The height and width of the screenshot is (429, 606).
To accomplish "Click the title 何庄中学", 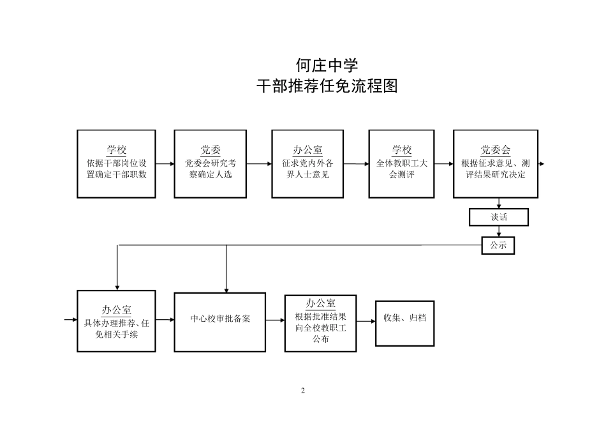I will [x=327, y=65].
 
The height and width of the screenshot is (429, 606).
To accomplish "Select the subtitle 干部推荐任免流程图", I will [x=327, y=87].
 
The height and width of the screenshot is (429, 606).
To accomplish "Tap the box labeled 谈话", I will [x=499, y=217].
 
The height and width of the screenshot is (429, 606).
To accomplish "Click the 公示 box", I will [x=498, y=245].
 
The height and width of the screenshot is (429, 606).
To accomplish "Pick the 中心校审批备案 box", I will [x=220, y=319].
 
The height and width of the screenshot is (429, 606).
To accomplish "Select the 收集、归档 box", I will [x=404, y=317].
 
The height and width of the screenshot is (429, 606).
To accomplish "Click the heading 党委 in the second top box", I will [x=211, y=150].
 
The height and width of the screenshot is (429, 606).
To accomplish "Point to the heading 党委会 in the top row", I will [x=496, y=150].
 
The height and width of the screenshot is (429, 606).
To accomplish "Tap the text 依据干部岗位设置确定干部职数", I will [x=116, y=169].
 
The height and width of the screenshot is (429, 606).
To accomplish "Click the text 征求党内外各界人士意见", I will [x=307, y=169].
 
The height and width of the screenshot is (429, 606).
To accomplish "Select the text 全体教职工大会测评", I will [x=402, y=169].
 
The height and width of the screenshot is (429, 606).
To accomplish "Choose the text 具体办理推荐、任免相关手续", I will [x=116, y=328].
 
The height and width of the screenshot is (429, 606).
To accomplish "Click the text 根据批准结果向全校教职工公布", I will [x=320, y=327].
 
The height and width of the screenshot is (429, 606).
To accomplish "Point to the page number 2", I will [x=303, y=391].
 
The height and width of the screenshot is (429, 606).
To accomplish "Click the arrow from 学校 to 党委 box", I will [x=165, y=164].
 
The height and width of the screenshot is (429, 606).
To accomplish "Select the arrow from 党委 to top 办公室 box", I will [x=259, y=164].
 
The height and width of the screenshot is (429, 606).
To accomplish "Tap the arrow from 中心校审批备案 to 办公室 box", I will [x=275, y=319].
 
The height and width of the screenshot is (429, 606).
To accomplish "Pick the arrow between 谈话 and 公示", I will [x=499, y=232].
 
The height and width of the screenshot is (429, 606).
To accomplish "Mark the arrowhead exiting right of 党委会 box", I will [x=542, y=164].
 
